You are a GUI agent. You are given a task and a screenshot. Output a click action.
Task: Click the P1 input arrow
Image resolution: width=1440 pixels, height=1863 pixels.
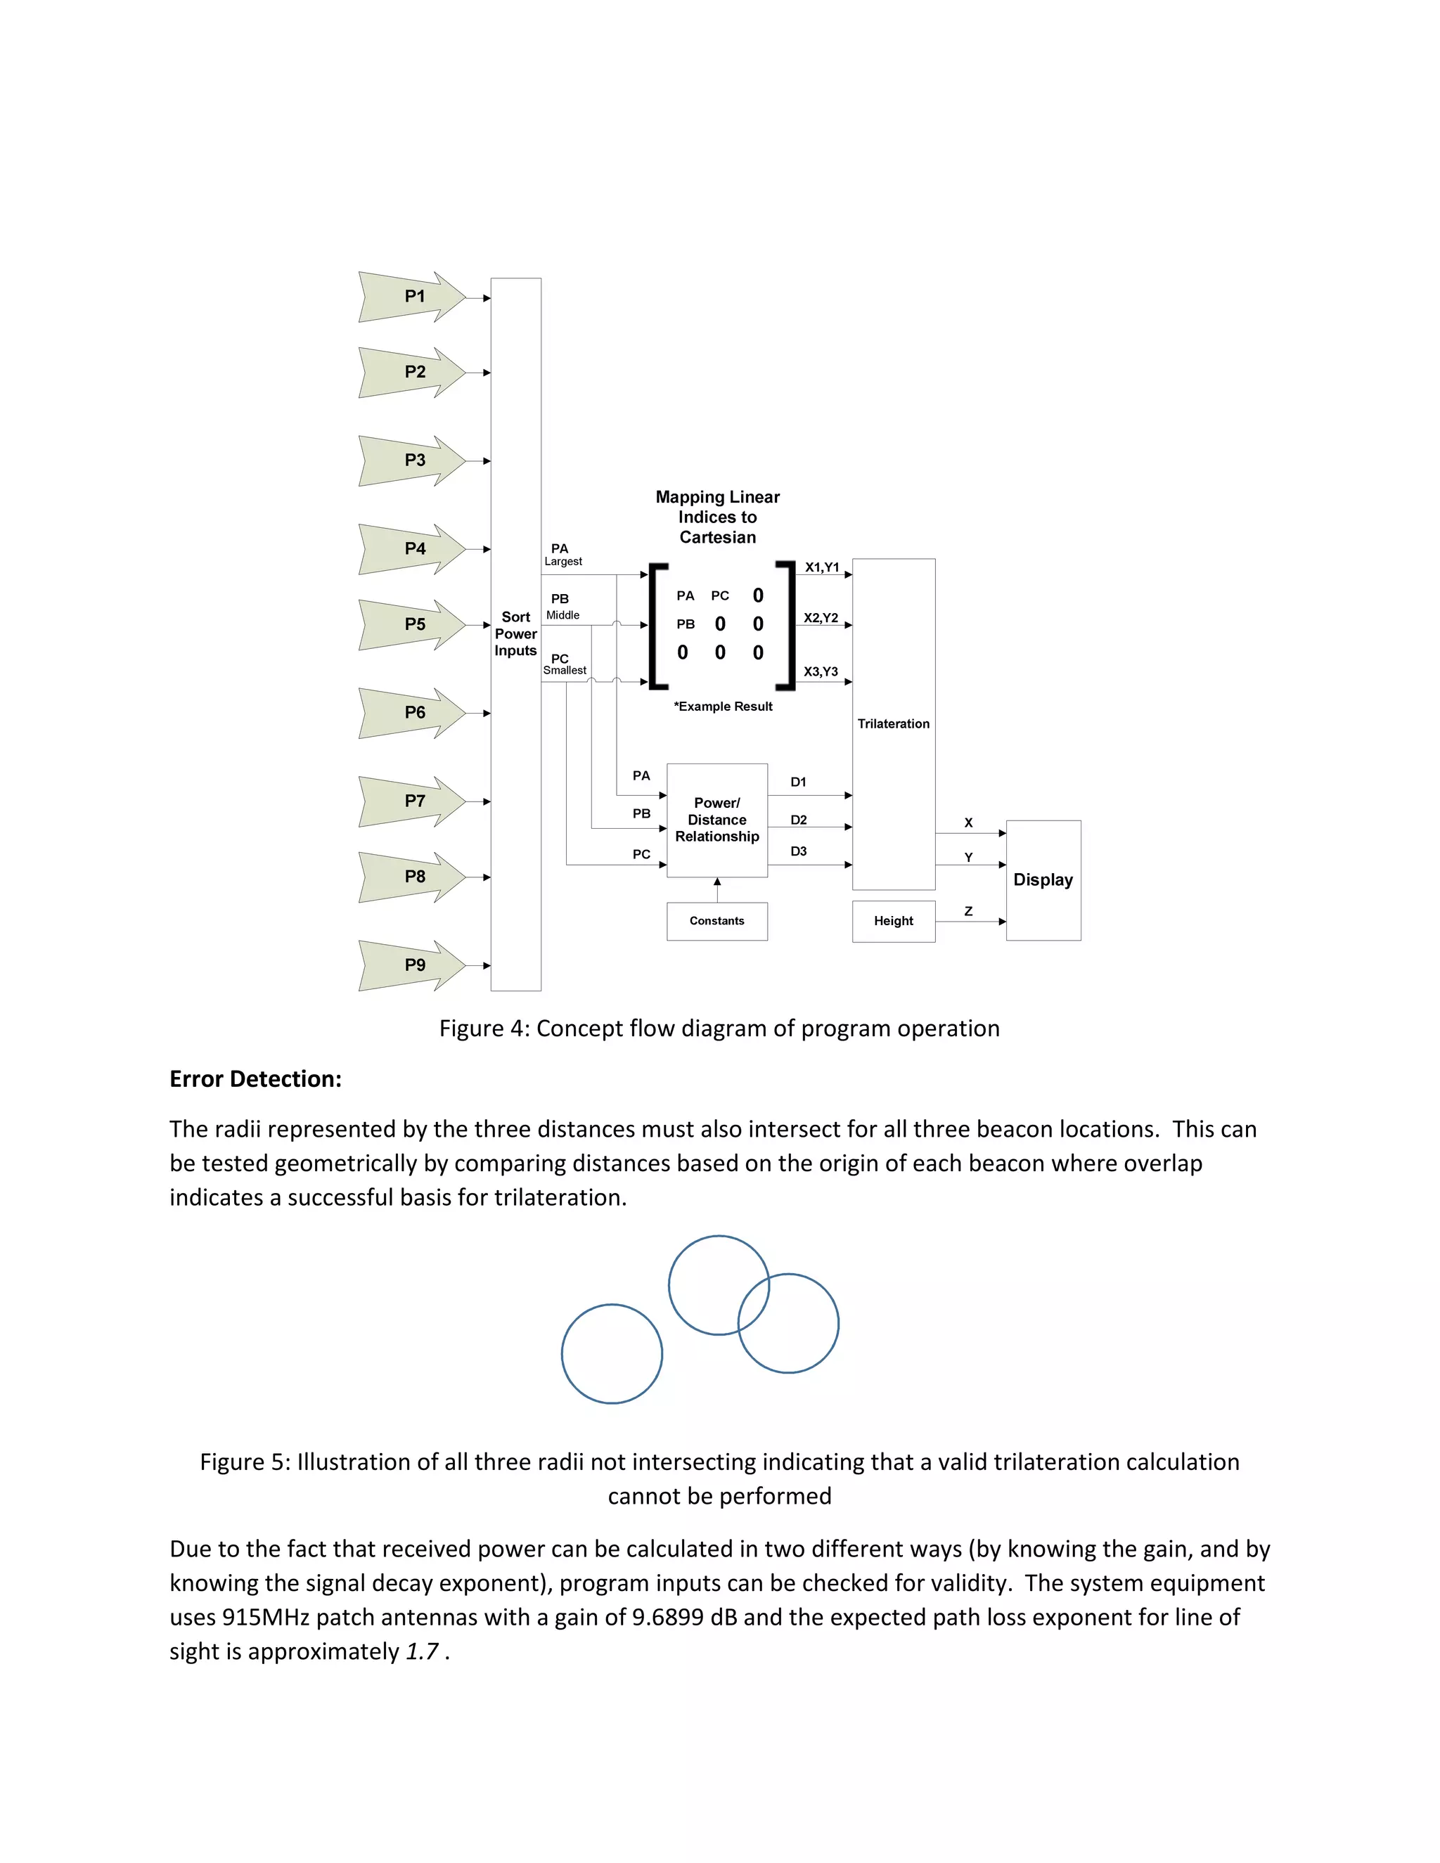[413, 297]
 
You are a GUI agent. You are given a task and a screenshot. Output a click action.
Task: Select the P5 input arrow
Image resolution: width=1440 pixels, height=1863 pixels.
[413, 624]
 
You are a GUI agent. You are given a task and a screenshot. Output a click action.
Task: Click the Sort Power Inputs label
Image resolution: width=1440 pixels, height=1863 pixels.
[515, 634]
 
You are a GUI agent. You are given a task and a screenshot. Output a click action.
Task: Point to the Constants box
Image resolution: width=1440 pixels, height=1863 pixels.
[716, 921]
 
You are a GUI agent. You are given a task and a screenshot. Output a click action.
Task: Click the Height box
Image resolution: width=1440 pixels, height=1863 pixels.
[893, 921]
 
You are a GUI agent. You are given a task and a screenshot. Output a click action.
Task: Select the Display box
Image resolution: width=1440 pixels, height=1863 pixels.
[1043, 880]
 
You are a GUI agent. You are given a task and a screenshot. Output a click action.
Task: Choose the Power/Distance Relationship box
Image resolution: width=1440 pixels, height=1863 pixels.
[716, 820]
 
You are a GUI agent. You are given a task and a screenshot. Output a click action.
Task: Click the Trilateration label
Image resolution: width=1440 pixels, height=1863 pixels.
[893, 723]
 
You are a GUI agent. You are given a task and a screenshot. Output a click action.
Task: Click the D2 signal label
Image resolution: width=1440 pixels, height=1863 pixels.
[799, 820]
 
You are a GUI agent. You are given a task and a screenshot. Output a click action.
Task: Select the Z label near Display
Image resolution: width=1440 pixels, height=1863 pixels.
[968, 911]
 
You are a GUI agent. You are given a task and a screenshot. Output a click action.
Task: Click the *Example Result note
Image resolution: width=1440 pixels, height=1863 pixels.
[723, 707]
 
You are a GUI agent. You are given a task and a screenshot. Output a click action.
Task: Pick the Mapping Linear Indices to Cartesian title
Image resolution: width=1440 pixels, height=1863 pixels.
[717, 517]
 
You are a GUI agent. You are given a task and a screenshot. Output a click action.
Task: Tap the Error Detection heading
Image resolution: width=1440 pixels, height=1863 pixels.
[255, 1079]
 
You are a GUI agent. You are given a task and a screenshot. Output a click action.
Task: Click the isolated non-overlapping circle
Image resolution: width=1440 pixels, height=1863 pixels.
[612, 1354]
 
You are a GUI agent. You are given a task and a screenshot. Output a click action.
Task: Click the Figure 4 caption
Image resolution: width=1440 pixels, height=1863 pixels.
[719, 1029]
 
